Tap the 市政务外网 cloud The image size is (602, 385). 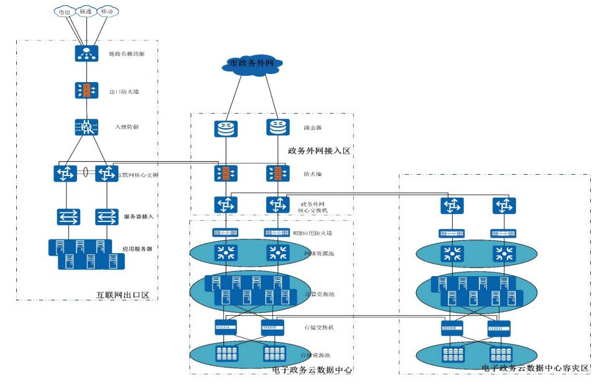tap(251, 63)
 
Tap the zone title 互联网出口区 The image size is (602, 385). tap(124, 294)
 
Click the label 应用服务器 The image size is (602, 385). tap(137, 248)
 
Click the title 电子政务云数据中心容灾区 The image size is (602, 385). tap(535, 368)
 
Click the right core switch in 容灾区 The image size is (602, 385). tap(504, 205)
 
